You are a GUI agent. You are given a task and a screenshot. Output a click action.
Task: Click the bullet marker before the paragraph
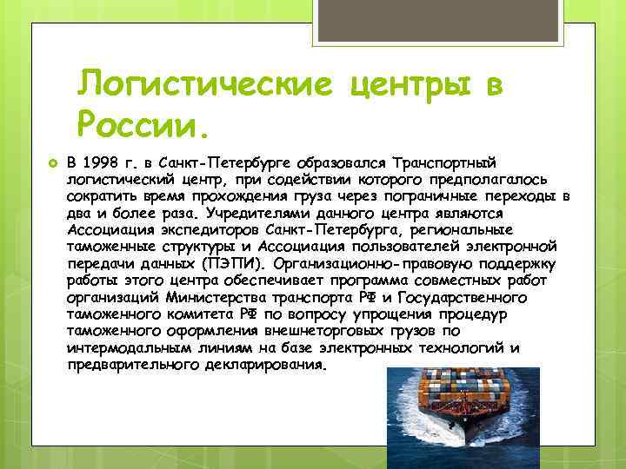[x=52, y=164]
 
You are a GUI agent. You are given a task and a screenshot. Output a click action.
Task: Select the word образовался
[x=337, y=164]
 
